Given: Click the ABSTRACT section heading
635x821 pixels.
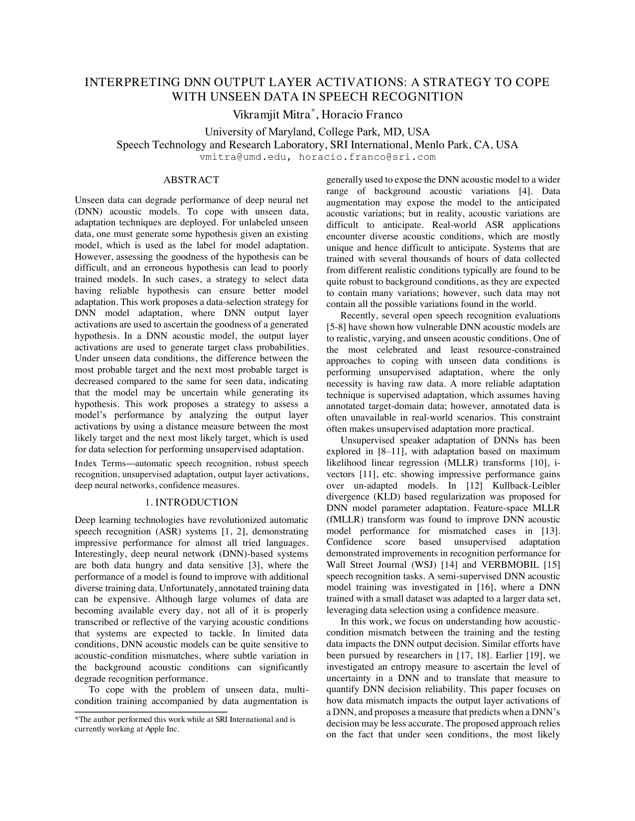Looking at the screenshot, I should (191, 180).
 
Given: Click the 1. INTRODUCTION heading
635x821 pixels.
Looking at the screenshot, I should (191, 502).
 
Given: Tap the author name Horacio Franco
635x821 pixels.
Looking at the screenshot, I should (362, 115).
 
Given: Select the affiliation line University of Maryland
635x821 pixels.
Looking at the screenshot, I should (317, 132).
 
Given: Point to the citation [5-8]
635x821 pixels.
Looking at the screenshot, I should (336, 327).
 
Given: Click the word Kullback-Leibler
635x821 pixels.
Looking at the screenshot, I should (527, 485).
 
